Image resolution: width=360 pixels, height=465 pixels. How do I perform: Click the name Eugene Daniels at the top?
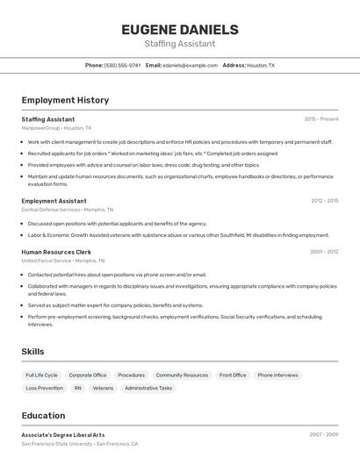pyautogui.click(x=179, y=29)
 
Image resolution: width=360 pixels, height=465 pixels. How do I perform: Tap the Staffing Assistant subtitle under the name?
pyautogui.click(x=179, y=43)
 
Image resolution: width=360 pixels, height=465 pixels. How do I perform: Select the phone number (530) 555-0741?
pyautogui.click(x=122, y=65)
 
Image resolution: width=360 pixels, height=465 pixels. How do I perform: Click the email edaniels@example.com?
pyautogui.click(x=190, y=65)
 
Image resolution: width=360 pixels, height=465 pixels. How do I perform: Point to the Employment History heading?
pyautogui.click(x=65, y=100)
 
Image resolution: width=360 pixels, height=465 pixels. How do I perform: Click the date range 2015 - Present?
pyautogui.click(x=321, y=118)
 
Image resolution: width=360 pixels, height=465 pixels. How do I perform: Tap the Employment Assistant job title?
pyautogui.click(x=54, y=201)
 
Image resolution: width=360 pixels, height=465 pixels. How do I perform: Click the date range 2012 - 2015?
pyautogui.click(x=324, y=201)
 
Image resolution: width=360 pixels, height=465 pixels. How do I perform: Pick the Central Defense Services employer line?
pyautogui.click(x=62, y=210)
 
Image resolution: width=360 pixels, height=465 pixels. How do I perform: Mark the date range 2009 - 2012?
pyautogui.click(x=324, y=252)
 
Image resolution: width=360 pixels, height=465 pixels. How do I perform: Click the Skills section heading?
pyautogui.click(x=32, y=351)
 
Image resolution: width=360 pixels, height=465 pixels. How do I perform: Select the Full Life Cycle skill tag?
pyautogui.click(x=41, y=376)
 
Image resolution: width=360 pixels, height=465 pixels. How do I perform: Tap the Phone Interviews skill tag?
pyautogui.click(x=277, y=376)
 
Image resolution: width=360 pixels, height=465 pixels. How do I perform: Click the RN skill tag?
pyautogui.click(x=77, y=388)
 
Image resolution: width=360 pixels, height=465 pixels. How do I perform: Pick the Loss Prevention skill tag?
pyautogui.click(x=44, y=388)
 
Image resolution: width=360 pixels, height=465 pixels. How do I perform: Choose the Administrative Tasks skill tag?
pyautogui.click(x=148, y=388)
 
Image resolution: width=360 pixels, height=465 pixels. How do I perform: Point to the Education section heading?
pyautogui.click(x=43, y=416)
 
